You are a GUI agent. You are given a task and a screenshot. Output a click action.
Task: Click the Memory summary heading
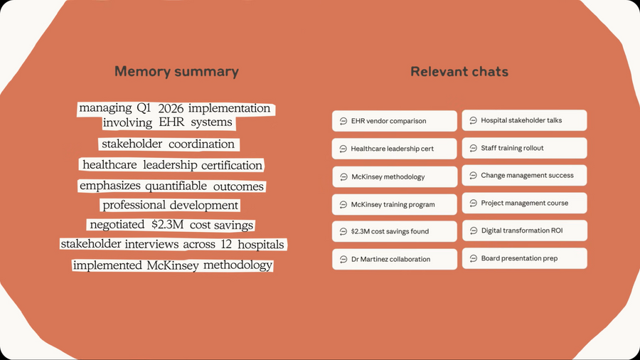click(x=176, y=71)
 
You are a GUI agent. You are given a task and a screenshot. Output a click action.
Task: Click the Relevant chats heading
click(x=459, y=71)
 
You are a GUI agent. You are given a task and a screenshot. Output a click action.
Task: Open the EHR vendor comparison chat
click(x=394, y=121)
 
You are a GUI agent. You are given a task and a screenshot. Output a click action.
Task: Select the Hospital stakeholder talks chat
click(x=524, y=120)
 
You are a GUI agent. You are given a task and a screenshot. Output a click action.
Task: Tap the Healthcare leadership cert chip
click(x=394, y=149)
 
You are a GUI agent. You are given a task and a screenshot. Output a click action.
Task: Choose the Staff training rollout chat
click(x=524, y=148)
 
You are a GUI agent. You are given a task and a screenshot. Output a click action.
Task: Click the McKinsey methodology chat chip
click(x=395, y=176)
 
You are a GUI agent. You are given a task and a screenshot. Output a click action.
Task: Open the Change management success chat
click(x=524, y=175)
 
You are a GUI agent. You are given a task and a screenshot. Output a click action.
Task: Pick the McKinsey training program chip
click(x=394, y=204)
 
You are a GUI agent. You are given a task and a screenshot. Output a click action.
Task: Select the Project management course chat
click(x=524, y=203)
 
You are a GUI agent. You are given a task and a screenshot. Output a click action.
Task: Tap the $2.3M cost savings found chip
click(x=394, y=231)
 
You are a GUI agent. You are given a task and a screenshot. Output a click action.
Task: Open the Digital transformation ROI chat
click(x=525, y=231)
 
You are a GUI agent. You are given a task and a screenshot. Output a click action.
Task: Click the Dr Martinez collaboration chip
click(x=394, y=259)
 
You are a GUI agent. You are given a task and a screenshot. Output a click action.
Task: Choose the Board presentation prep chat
click(x=525, y=258)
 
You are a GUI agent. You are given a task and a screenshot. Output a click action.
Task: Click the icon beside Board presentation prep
click(x=474, y=258)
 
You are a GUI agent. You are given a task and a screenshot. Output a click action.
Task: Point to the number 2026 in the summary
click(x=171, y=109)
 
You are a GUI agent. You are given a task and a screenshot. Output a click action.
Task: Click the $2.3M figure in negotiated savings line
click(x=167, y=225)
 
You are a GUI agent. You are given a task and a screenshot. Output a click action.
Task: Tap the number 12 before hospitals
click(x=226, y=244)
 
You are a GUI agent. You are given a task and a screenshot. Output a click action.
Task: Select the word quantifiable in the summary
click(x=176, y=186)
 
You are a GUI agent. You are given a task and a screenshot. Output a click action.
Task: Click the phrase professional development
click(x=170, y=205)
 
